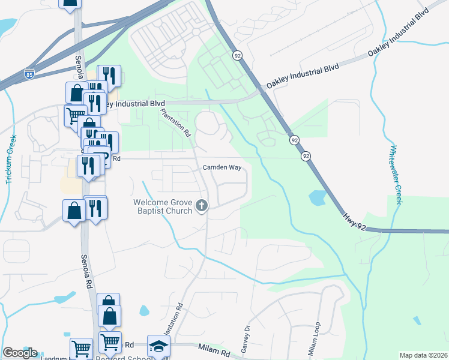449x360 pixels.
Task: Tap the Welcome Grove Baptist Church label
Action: (163, 206)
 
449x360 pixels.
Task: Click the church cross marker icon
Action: (202, 206)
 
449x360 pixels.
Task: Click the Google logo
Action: (20, 353)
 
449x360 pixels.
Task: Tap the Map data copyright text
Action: (423, 355)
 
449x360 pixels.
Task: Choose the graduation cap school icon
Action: (158, 346)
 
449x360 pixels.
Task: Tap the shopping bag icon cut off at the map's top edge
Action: (70, 3)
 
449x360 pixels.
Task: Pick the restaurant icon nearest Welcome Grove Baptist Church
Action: (95, 208)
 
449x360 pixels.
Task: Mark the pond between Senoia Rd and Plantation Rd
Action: (144, 311)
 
